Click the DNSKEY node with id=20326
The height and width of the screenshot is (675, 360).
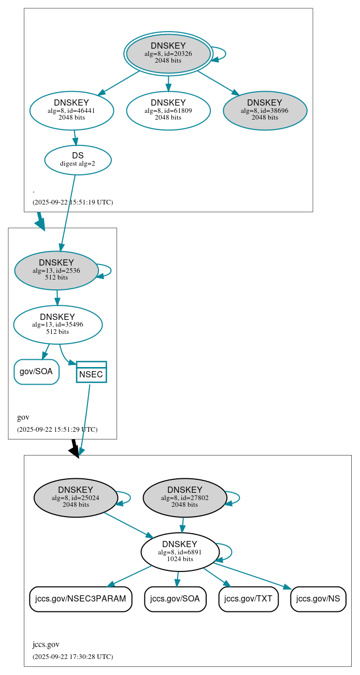tap(168, 53)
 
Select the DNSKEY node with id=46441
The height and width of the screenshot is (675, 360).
tap(71, 110)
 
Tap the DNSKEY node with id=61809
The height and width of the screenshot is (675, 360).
tap(168, 110)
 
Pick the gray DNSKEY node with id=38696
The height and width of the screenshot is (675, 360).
tap(265, 110)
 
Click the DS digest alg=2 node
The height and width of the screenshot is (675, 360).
tap(78, 159)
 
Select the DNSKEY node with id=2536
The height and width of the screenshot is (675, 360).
tap(56, 270)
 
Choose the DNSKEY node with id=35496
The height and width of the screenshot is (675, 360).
tap(57, 325)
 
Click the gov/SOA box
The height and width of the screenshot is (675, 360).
tap(36, 372)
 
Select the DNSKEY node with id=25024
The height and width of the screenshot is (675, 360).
tap(76, 497)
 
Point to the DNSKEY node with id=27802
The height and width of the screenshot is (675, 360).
tap(185, 497)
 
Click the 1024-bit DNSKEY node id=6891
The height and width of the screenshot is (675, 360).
tap(180, 552)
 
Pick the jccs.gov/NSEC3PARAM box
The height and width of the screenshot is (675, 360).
tap(80, 599)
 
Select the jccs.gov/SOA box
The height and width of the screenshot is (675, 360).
tap(175, 599)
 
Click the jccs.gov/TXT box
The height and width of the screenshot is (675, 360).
tap(249, 599)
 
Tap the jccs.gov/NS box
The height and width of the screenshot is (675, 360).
tap(318, 599)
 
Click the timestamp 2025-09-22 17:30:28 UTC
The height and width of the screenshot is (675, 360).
tap(73, 656)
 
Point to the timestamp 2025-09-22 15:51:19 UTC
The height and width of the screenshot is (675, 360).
tap(73, 202)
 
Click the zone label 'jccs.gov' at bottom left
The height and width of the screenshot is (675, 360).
tap(46, 644)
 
